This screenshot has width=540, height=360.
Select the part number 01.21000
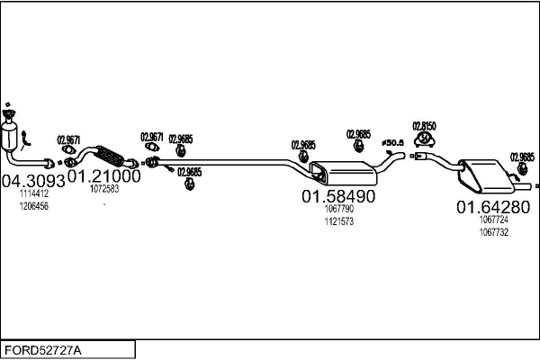pos(104,176)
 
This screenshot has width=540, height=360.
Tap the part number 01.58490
pos(337,196)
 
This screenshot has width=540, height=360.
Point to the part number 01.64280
pos(492,207)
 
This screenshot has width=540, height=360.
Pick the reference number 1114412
pos(33,193)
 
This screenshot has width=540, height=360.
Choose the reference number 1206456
pos(33,206)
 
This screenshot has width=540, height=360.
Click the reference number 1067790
pos(337,210)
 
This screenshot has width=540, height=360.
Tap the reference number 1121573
pos(337,221)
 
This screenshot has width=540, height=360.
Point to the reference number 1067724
pos(494,220)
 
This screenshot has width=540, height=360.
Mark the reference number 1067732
pos(494,231)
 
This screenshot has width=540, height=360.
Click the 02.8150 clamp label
pos(424,126)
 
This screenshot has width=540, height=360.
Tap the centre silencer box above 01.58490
pos(339,171)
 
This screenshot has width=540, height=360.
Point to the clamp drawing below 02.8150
pos(423,148)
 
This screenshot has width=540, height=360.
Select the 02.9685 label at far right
pos(522,157)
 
